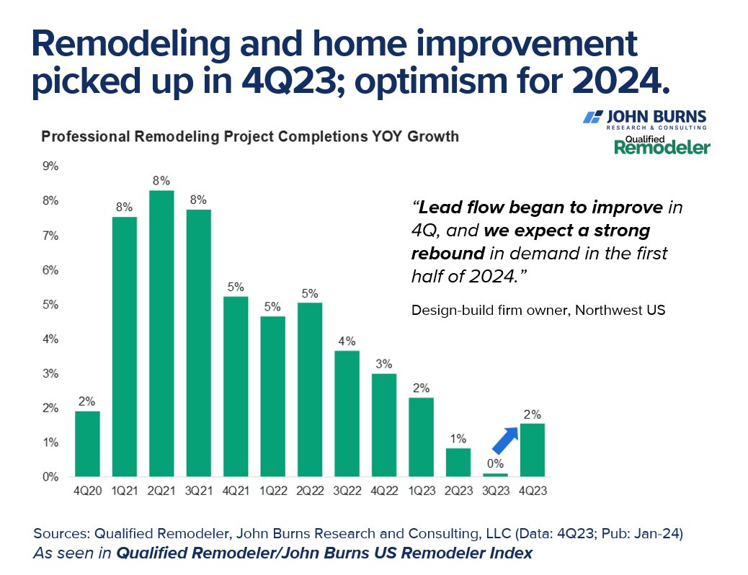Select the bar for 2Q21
[162, 333]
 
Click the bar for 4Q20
[87, 444]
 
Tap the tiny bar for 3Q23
[495, 474]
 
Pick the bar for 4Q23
[533, 450]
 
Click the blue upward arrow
[506, 440]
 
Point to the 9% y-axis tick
[51, 166]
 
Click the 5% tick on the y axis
[51, 305]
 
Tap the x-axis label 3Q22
[347, 492]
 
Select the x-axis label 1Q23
[422, 492]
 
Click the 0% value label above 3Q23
[495, 464]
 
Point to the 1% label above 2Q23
[458, 438]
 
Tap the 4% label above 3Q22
[347, 340]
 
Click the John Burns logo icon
[592, 117]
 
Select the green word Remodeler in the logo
[662, 147]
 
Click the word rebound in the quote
[447, 254]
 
